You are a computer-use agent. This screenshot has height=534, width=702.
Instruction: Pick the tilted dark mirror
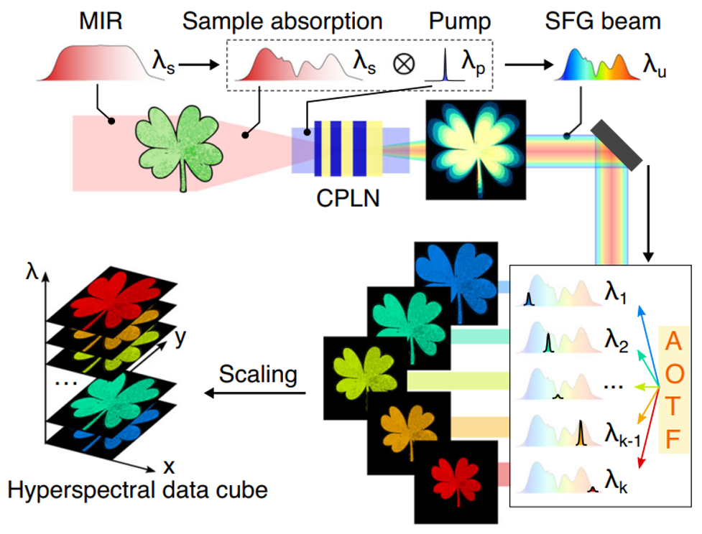(x=616, y=145)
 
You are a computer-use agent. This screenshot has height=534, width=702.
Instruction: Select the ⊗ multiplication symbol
(x=403, y=65)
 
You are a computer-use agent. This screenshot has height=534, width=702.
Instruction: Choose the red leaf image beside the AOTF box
(x=456, y=477)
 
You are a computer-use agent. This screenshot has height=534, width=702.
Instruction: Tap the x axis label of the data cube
(x=169, y=467)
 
